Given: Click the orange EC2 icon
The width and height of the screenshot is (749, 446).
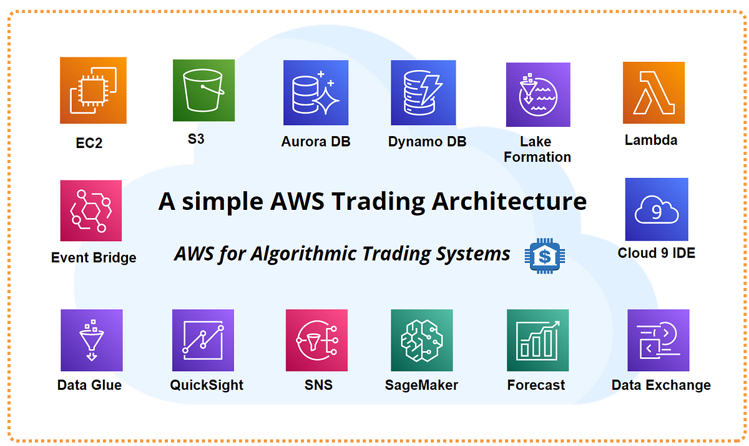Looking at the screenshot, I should coord(93,91).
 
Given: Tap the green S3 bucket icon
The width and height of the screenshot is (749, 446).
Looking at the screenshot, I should coord(203,91).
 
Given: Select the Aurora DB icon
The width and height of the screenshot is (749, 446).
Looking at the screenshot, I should coord(315,92).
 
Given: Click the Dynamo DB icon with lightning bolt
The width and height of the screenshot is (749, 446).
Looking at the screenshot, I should coord(423,92).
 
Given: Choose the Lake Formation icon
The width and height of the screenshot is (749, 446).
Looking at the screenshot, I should coord(537,94).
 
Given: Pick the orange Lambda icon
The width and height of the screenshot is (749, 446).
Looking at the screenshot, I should coord(654,92).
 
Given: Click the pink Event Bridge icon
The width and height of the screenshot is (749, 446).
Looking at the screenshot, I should coord(91,211).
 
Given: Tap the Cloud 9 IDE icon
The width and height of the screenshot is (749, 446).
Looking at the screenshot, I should coord(656,209).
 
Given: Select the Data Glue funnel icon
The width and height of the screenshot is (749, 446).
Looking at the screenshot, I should coord(91,340).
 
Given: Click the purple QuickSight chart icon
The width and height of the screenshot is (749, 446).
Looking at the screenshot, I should coord(203,340).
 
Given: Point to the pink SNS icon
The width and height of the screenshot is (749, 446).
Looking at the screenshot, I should coord(316,340).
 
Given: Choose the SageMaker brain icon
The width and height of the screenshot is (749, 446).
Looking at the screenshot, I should coord(422,340).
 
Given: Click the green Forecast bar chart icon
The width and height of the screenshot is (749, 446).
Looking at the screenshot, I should coord(537,340).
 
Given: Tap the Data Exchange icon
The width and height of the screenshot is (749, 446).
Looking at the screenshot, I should coord(658,340).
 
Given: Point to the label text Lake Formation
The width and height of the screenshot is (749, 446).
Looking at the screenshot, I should coord(537,149).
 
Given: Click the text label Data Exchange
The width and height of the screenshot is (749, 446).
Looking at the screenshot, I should coord(660,385).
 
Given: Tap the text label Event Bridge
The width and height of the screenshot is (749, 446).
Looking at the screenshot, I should coord(94,257).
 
